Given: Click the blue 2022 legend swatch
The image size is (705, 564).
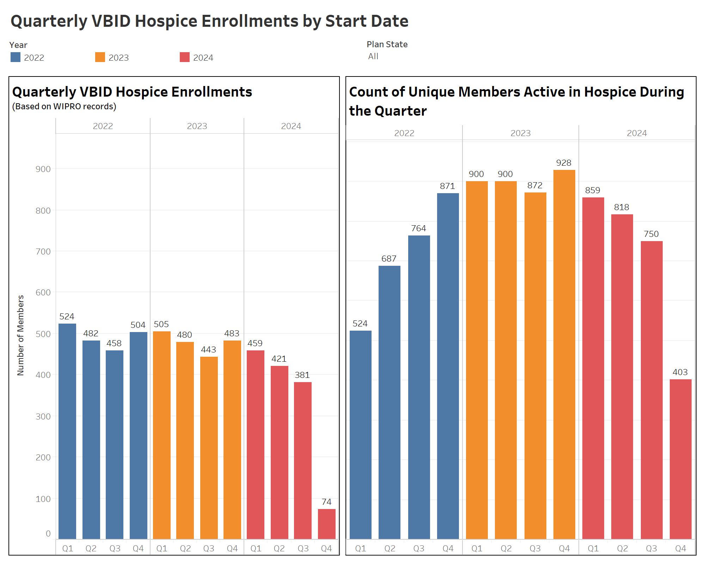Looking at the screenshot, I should pos(16,57).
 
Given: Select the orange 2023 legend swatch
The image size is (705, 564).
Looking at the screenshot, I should pos(100,57).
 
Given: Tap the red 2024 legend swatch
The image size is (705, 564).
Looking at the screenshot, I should pos(185,57).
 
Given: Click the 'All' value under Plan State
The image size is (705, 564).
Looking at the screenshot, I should pos(373,56).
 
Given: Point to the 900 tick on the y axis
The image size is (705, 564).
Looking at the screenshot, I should pos(43,169).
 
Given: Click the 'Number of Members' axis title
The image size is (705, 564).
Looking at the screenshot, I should pos(21,335).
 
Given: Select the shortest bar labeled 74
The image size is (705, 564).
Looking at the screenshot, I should pos(326,524).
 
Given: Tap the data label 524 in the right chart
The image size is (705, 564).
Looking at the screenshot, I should pos(360,324).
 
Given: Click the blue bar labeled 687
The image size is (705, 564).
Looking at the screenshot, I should pos(389,402).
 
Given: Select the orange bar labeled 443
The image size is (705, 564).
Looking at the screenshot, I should pos(209,448).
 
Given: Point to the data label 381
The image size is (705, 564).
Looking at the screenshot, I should pos(302,375).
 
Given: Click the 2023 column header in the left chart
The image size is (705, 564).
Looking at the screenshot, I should pos(197,126).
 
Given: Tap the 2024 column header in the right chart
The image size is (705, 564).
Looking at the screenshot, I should pos(637,133).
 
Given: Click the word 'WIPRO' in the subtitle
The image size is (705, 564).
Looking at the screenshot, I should pos(67,106).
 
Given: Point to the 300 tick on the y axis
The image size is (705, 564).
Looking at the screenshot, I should pos(43,416).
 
